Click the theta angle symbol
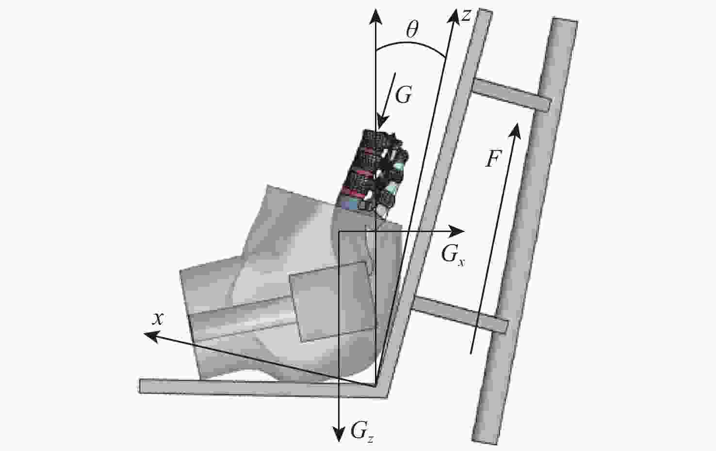click(x=412, y=30)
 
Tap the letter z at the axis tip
click(x=466, y=16)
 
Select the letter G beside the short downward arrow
click(x=404, y=94)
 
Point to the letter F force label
click(x=494, y=158)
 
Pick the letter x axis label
click(x=158, y=318)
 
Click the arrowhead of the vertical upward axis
click(x=375, y=16)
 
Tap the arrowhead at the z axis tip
click(x=454, y=16)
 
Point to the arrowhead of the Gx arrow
click(x=456, y=231)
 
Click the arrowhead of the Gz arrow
click(x=339, y=434)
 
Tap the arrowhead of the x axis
click(x=151, y=336)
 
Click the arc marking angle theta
click(x=411, y=44)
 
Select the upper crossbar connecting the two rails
click(x=511, y=95)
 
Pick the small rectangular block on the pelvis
click(x=332, y=302)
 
